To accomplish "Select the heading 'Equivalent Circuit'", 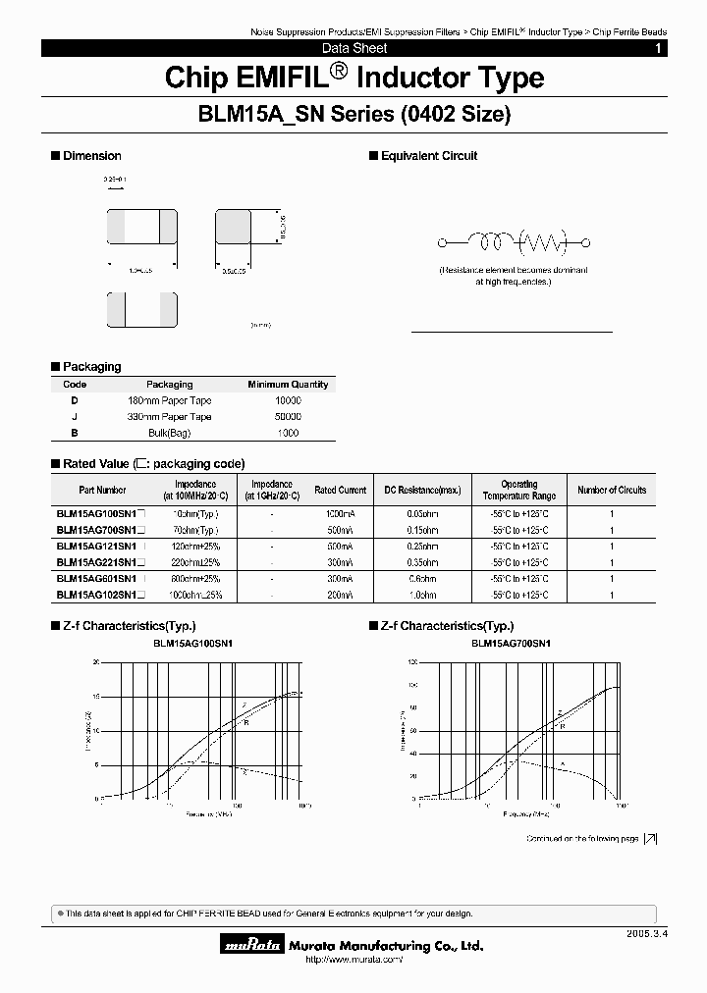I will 428,156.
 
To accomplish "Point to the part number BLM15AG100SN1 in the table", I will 97,513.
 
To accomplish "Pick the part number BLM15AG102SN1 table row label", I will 97,595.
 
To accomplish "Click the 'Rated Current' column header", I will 340,490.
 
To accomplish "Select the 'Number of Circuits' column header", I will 612,490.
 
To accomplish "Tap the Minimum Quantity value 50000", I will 288,417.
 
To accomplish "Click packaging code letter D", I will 75,400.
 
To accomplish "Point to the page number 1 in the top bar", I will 658,48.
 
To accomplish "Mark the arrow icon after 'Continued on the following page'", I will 650,839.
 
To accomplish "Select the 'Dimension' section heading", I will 91,156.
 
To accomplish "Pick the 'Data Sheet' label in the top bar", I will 354,48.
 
